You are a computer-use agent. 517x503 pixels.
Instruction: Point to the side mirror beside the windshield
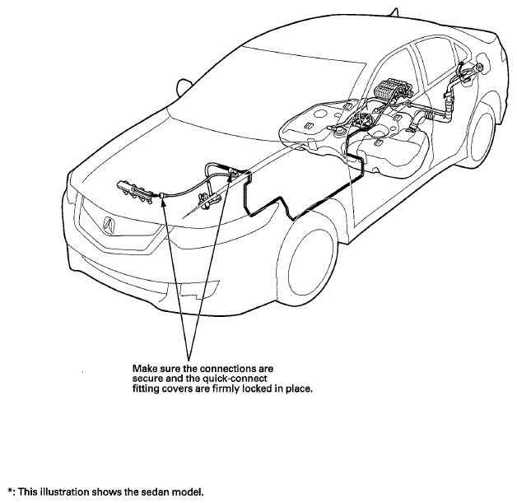click(x=183, y=87)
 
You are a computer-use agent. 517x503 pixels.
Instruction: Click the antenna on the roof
click(x=395, y=12)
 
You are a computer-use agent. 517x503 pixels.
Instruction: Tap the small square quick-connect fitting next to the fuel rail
click(x=162, y=195)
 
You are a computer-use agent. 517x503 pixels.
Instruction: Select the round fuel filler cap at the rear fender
click(x=478, y=68)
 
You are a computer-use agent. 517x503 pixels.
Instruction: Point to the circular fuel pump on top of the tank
click(x=365, y=119)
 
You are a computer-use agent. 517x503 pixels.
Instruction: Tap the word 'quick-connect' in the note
click(x=235, y=379)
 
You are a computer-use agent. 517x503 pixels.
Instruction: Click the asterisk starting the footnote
click(x=11, y=491)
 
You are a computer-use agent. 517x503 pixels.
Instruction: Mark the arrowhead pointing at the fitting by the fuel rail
click(x=163, y=202)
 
